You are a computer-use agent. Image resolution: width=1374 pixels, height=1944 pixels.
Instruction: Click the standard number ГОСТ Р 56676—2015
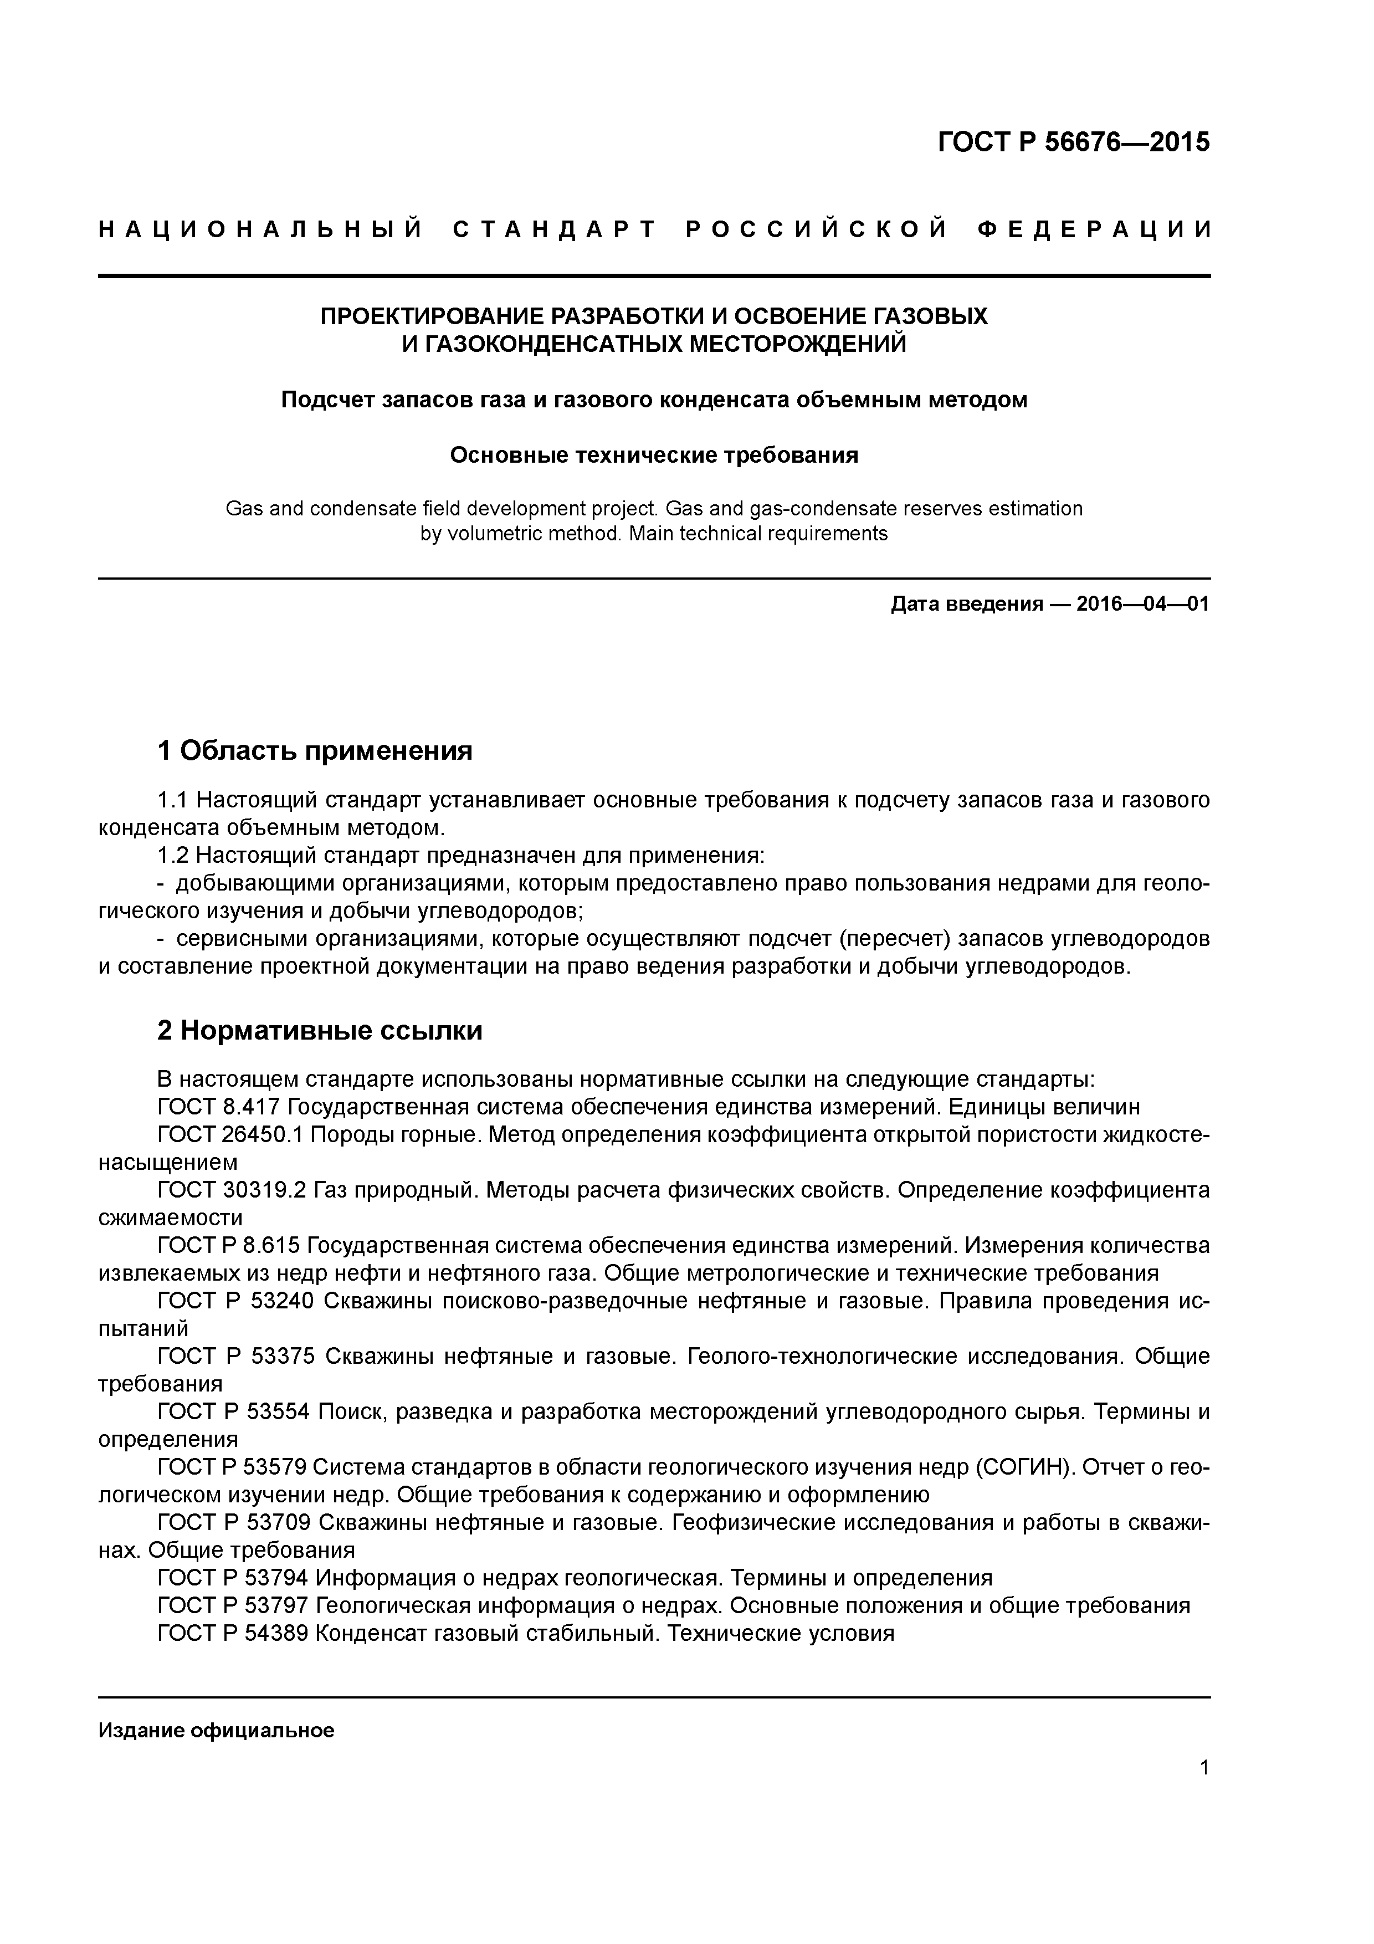coord(1074,141)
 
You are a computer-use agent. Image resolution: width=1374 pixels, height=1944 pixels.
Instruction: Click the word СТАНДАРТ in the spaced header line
coord(555,229)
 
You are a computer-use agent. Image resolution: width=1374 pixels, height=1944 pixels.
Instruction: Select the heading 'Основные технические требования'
coord(654,456)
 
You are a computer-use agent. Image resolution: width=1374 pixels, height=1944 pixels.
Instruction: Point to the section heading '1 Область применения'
coord(315,750)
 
